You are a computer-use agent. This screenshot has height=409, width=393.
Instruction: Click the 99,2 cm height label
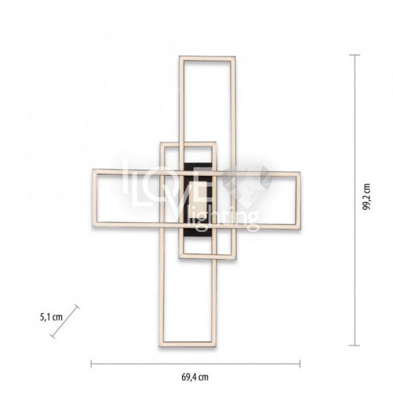coord(367,196)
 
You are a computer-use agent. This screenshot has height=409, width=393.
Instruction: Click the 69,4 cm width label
coord(195,378)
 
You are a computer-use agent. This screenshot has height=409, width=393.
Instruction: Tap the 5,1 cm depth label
coord(51,317)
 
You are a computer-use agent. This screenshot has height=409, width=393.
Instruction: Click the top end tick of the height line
coord(355,55)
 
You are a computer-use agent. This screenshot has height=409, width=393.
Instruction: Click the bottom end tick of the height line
coord(354,346)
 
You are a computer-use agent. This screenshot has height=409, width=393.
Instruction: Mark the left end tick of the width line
coord(91,364)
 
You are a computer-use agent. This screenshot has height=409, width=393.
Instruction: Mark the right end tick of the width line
coord(300,364)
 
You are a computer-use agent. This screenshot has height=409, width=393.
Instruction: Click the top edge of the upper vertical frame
coord(207,59)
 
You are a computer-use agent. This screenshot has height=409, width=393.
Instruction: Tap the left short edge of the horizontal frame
coord(95,198)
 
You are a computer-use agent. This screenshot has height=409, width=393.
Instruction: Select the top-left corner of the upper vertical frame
coord(180,56)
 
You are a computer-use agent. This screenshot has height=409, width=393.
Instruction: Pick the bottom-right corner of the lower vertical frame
coord(216,347)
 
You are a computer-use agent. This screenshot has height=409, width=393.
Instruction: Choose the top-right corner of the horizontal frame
coord(300,172)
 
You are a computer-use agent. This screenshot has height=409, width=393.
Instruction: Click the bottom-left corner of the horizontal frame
coord(93,226)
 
